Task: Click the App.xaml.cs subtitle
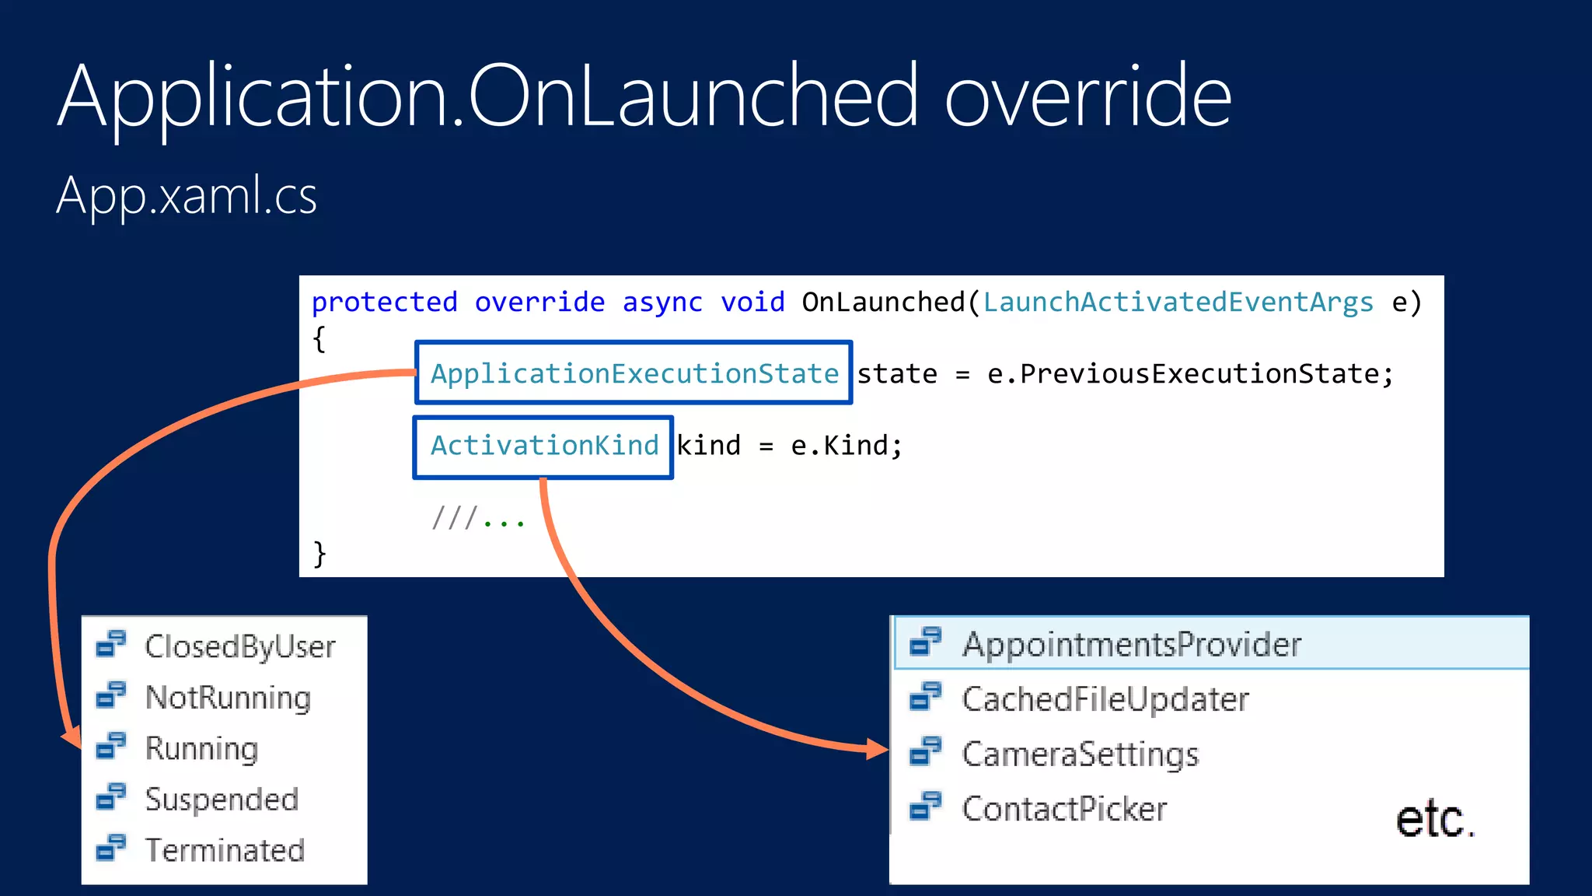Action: pos(187,195)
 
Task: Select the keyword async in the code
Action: pos(662,302)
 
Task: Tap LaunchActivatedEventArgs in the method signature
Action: pos(1178,302)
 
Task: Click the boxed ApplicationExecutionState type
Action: pos(634,373)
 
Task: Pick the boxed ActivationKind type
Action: pos(544,446)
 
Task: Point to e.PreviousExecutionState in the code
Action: pos(1189,374)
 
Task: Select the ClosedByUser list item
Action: pos(239,646)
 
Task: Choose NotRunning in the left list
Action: pos(228,698)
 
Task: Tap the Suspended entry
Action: pos(222,800)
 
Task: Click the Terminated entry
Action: pos(225,850)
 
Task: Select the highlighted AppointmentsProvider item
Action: pos(1131,644)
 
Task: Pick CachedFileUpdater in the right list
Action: pos(1105,699)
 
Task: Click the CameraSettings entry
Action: pos(1080,754)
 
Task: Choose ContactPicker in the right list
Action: pos(1064,809)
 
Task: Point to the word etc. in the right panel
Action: pos(1434,820)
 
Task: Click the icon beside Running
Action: pos(111,746)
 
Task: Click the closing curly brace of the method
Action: pos(319,554)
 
